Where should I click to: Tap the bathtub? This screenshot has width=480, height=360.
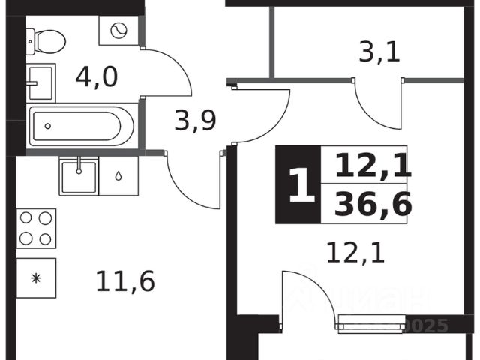pyautogui.click(x=81, y=127)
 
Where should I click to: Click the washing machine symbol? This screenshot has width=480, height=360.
pyautogui.click(x=118, y=31)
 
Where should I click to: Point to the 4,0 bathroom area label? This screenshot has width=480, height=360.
pyautogui.click(x=97, y=77)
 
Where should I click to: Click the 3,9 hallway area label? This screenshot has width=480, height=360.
pyautogui.click(x=195, y=120)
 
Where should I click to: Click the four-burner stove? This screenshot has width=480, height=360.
pyautogui.click(x=37, y=228)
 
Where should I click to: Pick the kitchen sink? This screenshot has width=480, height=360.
pyautogui.click(x=78, y=175)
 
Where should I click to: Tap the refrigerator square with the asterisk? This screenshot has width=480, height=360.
pyautogui.click(x=36, y=277)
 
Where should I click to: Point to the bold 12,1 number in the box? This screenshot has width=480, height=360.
pyautogui.click(x=373, y=164)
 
